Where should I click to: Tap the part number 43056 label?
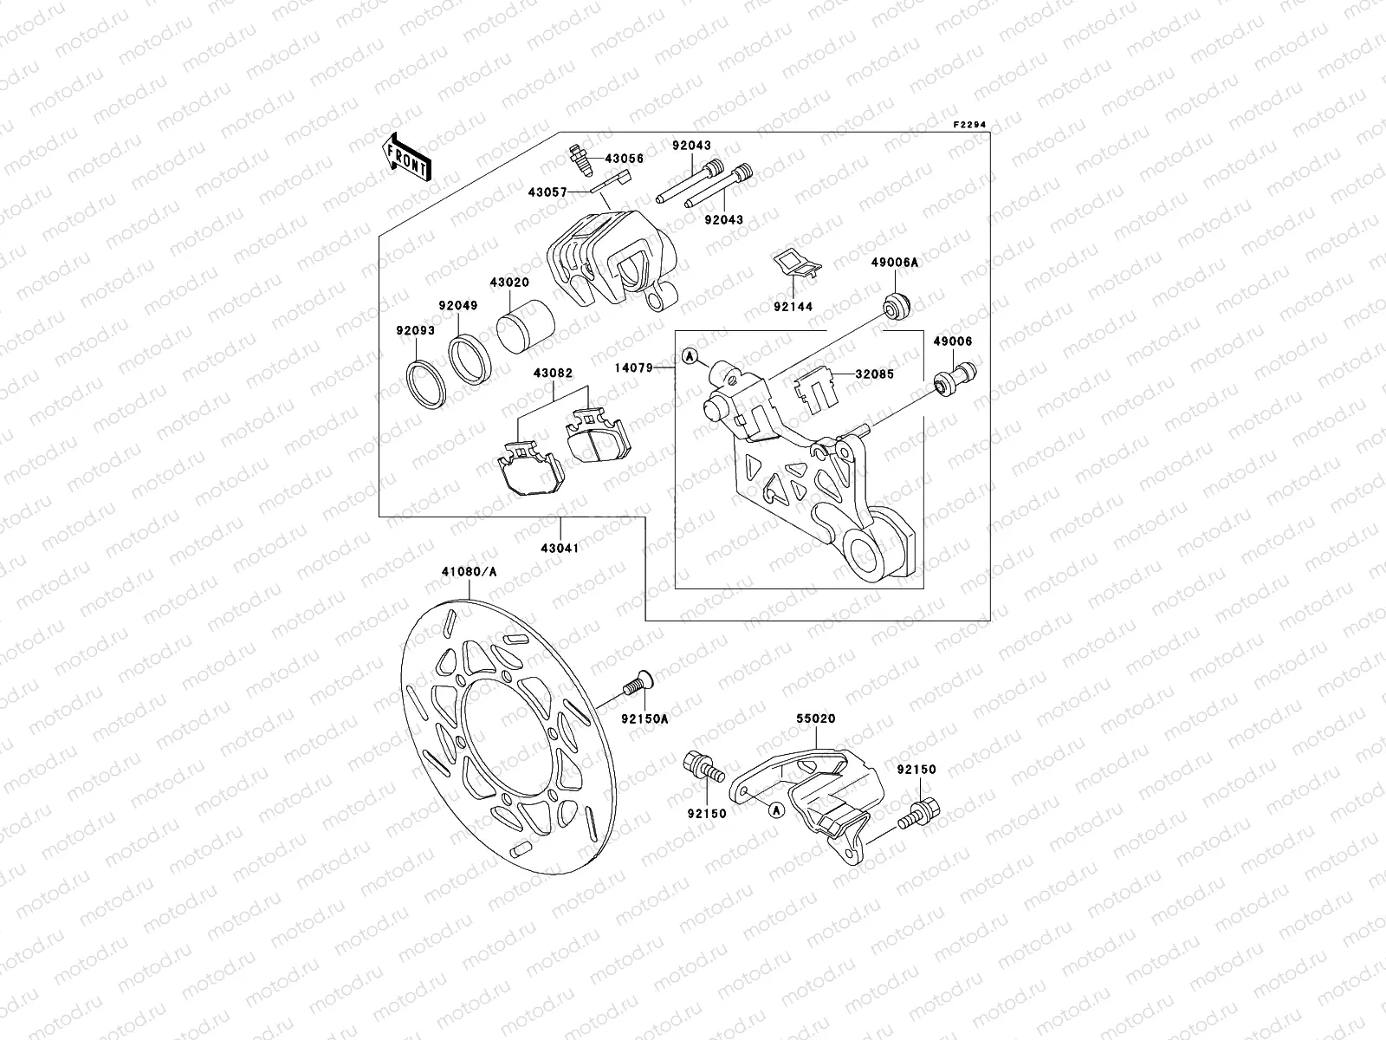pyautogui.click(x=624, y=159)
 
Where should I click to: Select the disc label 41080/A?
pyautogui.click(x=470, y=572)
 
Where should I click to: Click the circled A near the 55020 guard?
pyautogui.click(x=775, y=809)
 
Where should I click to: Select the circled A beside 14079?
pyautogui.click(x=690, y=355)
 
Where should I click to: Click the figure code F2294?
pyautogui.click(x=969, y=125)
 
